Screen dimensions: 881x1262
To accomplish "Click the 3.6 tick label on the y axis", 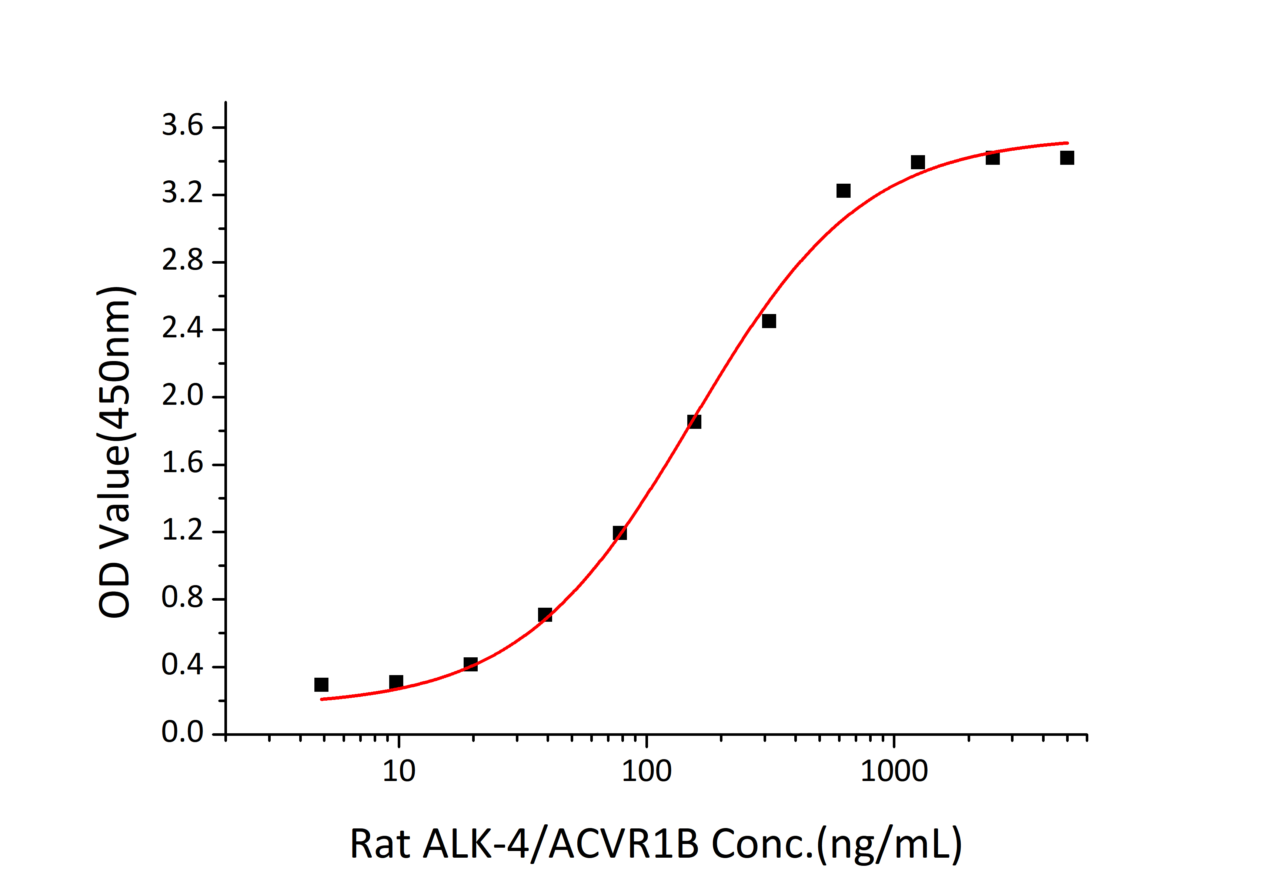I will coord(182,126).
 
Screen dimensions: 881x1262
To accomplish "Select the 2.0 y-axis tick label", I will coord(182,396).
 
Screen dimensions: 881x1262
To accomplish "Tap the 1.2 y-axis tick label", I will coord(182,531).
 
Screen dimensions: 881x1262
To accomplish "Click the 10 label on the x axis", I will coord(398,772).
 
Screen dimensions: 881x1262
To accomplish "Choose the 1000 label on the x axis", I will coord(894,772).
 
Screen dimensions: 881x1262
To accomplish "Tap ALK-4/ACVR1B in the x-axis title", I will coord(561,844).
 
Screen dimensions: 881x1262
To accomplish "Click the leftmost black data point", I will coord(321,685).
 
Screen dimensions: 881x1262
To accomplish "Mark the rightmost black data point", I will coord(1067,158).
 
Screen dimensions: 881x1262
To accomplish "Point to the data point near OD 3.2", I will coord(843,191).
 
